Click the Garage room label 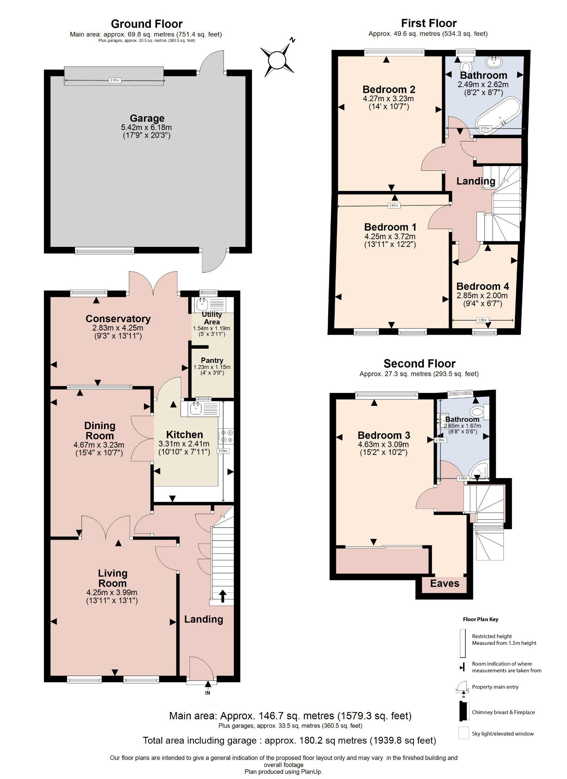tap(147, 118)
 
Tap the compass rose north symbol tap(277, 60)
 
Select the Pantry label tap(212, 360)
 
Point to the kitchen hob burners tap(226, 436)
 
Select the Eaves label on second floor tap(444, 583)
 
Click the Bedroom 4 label tap(482, 286)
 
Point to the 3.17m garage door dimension tap(114, 80)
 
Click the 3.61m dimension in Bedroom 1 tap(393, 206)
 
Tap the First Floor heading tap(429, 23)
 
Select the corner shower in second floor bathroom tap(479, 472)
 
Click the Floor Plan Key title tap(480, 619)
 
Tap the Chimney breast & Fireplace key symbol tap(463, 712)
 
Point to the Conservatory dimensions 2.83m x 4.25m tap(118, 328)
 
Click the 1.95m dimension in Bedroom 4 tap(482, 320)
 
